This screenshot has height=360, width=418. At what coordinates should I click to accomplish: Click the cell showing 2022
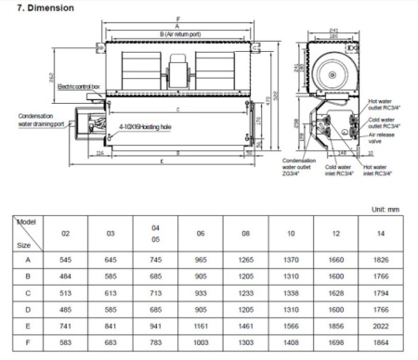[382, 326]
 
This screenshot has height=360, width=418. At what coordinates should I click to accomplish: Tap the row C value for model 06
[201, 291]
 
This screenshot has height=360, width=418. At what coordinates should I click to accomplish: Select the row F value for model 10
[292, 343]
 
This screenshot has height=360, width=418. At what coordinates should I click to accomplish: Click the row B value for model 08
[246, 275]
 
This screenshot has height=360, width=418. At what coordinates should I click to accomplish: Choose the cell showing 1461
[246, 326]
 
